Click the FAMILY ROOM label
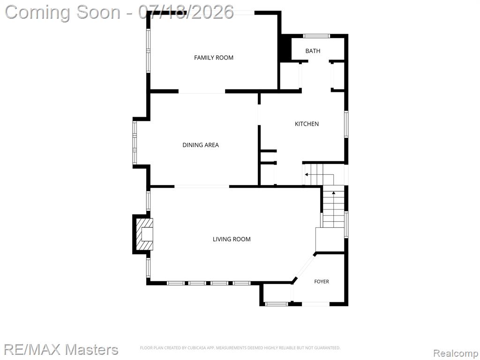click(214, 58)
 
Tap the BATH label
click(313, 51)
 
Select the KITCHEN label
click(307, 124)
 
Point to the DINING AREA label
click(201, 145)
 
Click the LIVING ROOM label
click(232, 239)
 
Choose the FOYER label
click(322, 281)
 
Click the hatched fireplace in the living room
click(145, 234)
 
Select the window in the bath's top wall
click(316, 36)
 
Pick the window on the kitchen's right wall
click(346, 124)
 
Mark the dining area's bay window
click(135, 142)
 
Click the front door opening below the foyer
click(315, 304)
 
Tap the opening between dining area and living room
click(202, 186)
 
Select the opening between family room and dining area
click(202, 91)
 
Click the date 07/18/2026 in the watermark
click(186, 12)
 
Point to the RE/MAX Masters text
click(61, 350)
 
